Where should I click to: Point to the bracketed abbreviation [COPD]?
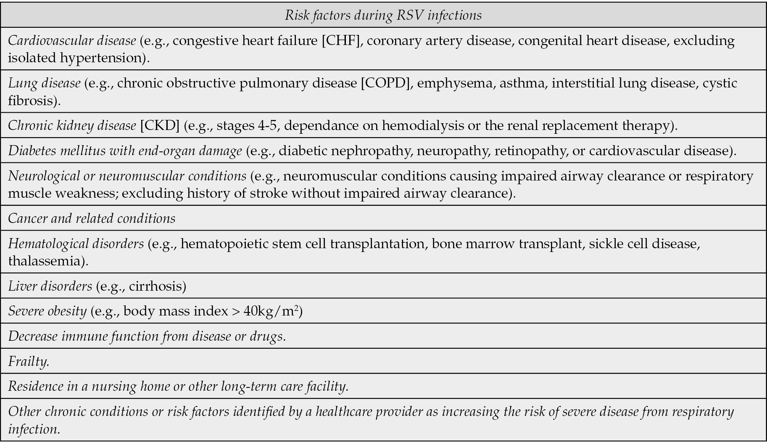point(386,83)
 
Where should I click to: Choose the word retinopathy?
point(530,151)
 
